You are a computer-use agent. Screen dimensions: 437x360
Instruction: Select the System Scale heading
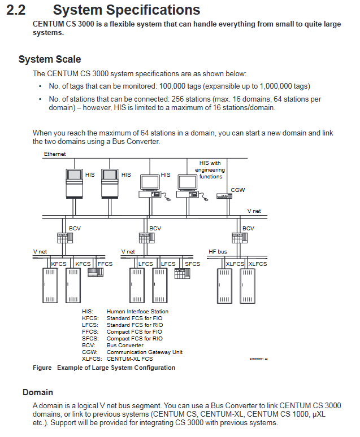[x=50, y=59]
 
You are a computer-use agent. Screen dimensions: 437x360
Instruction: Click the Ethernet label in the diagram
[x=55, y=154]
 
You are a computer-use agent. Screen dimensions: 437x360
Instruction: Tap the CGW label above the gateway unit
[x=238, y=190]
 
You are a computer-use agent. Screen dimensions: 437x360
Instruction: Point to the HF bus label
[x=218, y=251]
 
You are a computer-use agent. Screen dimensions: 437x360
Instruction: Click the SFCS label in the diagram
[x=193, y=264]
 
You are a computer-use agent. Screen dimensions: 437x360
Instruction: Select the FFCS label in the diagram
[x=105, y=264]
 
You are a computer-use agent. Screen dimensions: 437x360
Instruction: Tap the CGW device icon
[x=224, y=196]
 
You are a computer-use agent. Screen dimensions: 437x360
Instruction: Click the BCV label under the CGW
[x=248, y=228]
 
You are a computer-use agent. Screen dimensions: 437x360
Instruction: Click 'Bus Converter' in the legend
[x=125, y=345]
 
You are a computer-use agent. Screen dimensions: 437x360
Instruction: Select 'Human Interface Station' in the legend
[x=137, y=311]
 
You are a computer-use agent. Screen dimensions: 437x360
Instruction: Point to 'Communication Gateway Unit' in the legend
[x=144, y=352]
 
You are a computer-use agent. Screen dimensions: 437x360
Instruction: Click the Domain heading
[x=38, y=392]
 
